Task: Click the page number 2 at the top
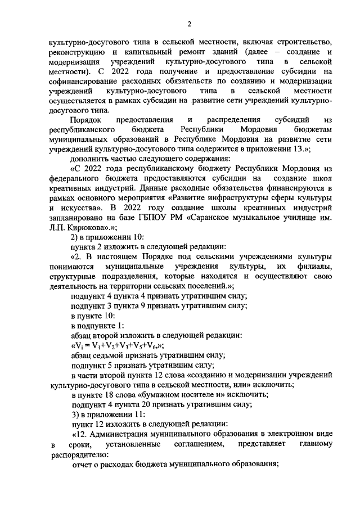(x=190, y=23)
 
